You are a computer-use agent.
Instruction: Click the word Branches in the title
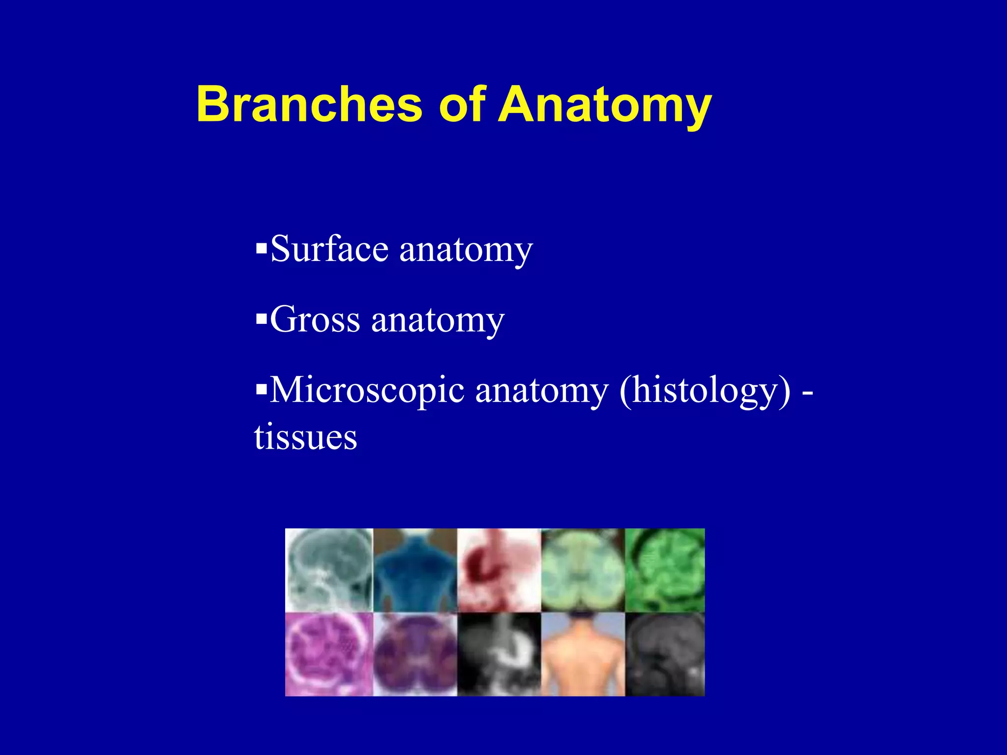(x=309, y=104)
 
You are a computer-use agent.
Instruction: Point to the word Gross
(x=315, y=319)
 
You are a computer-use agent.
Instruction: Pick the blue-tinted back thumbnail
(x=415, y=570)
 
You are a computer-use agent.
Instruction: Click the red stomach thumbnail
(x=499, y=570)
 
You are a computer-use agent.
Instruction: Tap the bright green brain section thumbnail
(x=664, y=570)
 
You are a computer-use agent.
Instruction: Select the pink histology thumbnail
(x=329, y=654)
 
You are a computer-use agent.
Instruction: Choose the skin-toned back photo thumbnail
(x=583, y=654)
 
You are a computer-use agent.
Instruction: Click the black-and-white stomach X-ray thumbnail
(x=499, y=654)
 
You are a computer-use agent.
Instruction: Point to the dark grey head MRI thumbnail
(x=664, y=654)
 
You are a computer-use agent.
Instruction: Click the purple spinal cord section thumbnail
(x=415, y=654)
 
